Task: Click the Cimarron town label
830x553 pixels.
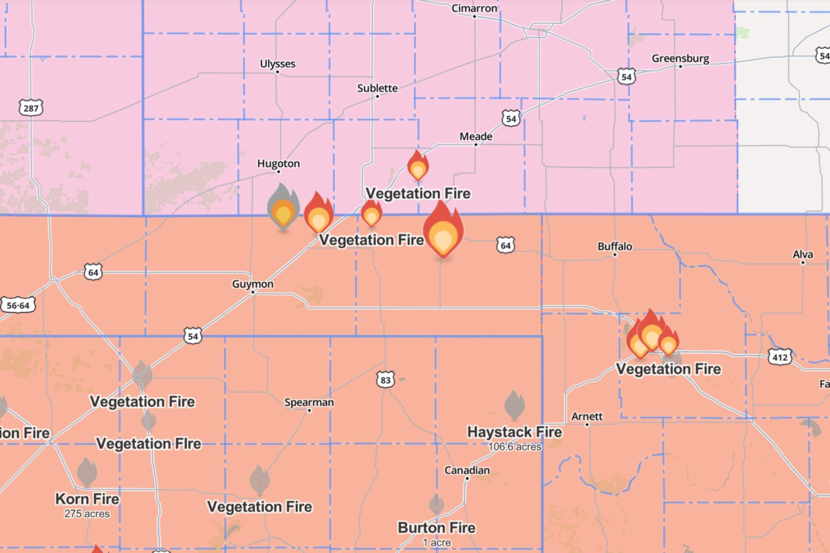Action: pos(474,8)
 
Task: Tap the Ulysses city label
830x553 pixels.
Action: pos(277,64)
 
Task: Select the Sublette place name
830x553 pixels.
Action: pos(377,88)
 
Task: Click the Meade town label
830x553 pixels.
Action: pos(476,137)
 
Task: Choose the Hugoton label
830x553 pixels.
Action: pos(278,164)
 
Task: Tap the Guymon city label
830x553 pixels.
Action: pos(253,284)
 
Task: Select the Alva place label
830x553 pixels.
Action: pos(803,255)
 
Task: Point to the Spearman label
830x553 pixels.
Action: pos(309,402)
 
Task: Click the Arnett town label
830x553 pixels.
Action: pos(587,416)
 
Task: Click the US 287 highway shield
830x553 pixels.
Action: pos(31,108)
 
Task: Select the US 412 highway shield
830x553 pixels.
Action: pos(780,358)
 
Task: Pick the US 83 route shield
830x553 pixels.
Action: pos(385,380)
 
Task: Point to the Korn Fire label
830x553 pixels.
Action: pos(87,499)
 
